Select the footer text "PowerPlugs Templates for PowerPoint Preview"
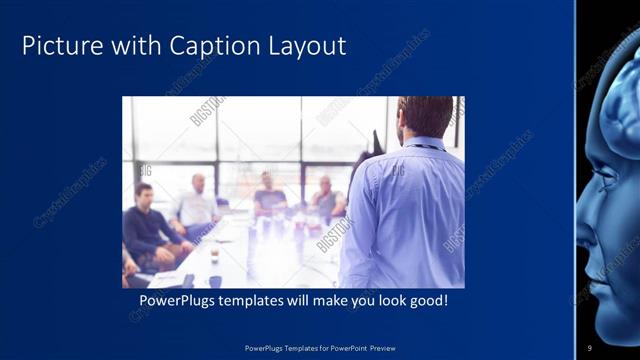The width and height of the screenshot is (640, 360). tap(320, 348)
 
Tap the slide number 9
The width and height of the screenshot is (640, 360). tap(589, 347)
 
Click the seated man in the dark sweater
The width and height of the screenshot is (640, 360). tap(148, 225)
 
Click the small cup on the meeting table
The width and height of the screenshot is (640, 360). tap(214, 257)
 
